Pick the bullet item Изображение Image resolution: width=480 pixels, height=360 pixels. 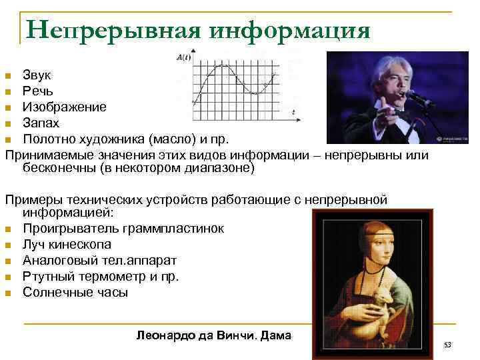point(64,107)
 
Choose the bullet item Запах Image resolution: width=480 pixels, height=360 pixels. point(41,123)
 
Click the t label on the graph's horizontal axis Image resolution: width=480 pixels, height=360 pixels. point(294,114)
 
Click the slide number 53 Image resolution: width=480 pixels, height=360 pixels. point(447,345)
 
